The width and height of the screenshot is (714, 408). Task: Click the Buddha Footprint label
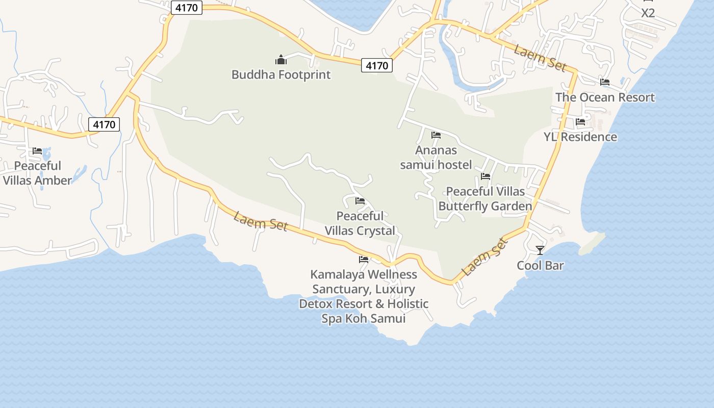point(281,74)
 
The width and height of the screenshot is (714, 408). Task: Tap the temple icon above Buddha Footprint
point(280,60)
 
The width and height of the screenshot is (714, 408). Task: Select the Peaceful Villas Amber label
point(37,173)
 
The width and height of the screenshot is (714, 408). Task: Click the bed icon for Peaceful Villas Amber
point(37,151)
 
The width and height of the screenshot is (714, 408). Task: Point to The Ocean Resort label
point(605,97)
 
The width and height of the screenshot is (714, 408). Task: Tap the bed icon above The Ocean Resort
point(605,82)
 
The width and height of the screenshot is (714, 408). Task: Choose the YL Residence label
point(580,137)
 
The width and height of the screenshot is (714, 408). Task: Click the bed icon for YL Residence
point(580,122)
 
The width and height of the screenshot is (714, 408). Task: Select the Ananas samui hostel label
point(436,157)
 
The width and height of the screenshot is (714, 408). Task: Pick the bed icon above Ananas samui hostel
point(436,135)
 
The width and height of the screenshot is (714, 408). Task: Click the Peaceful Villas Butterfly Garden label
point(485,198)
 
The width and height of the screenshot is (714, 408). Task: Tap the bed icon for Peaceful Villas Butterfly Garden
point(486,176)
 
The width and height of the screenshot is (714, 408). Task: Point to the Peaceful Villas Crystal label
point(360,223)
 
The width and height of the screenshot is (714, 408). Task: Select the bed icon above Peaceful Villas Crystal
point(360,201)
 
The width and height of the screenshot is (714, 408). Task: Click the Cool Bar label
point(540,265)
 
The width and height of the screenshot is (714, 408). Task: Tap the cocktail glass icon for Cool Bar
point(540,250)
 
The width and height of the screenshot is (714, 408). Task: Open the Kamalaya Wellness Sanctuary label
point(364,296)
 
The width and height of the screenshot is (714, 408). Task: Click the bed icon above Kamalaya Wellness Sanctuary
point(364,260)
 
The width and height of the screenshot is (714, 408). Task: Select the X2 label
point(648,13)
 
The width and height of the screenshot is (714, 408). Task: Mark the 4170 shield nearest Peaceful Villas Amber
point(104,124)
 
